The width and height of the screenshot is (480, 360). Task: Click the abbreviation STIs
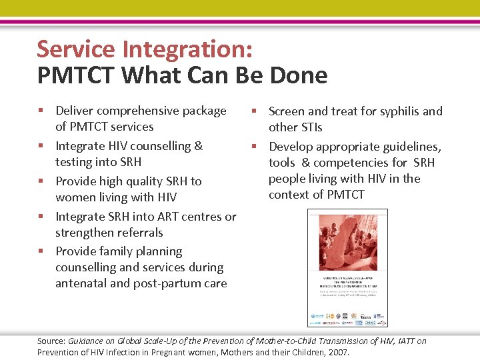pos(309,127)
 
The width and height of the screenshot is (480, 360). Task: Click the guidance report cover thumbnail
pos(347,268)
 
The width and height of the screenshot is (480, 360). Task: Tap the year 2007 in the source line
pos(338,353)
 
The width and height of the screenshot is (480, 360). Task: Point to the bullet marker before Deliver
pos(41,111)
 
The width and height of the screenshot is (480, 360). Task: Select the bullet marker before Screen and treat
pos(255,111)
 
